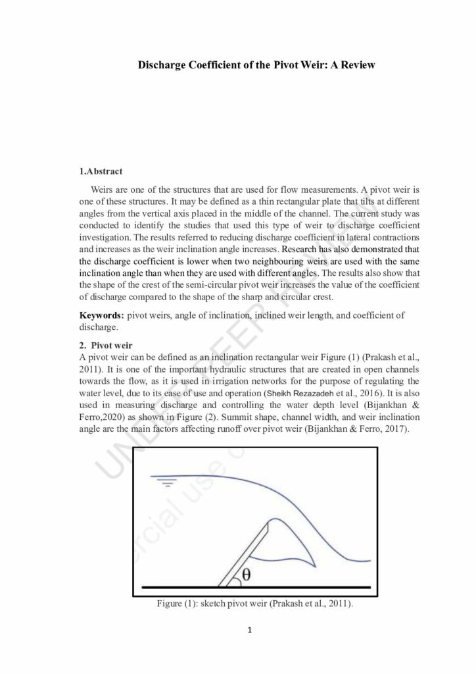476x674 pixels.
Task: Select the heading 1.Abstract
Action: click(x=101, y=172)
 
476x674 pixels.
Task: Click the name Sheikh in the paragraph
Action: click(x=281, y=393)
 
